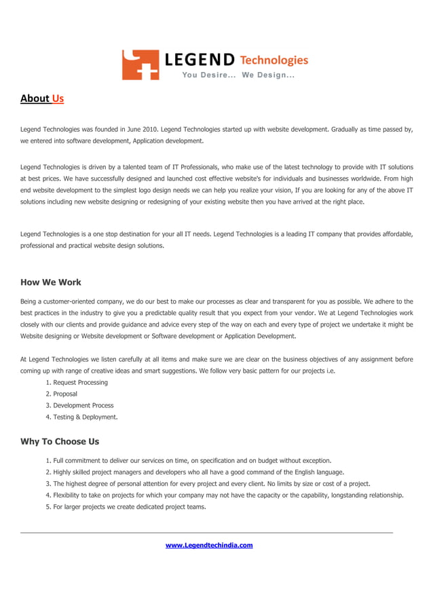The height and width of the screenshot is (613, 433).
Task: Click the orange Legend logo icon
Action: point(140,64)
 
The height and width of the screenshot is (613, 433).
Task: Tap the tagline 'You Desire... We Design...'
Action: point(237,75)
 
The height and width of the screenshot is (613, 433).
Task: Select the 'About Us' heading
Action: point(42,98)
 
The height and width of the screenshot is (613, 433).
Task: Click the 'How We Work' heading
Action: point(51,282)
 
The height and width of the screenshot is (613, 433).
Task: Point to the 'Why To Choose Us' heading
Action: point(60,441)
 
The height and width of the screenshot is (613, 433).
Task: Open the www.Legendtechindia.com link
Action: point(209,545)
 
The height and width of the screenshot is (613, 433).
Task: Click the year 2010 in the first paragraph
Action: point(150,128)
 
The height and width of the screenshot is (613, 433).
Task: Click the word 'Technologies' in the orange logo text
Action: point(274,60)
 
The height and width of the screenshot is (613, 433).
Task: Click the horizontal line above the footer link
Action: point(207,533)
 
